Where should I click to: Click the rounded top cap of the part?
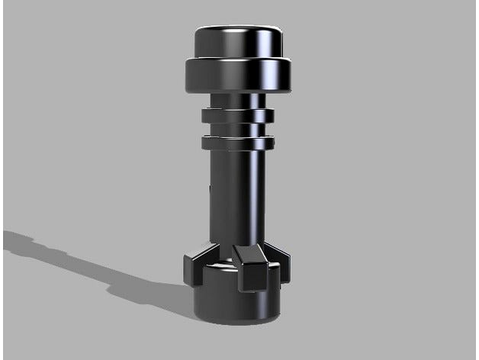coord(238,41)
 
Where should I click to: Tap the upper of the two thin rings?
coord(237,115)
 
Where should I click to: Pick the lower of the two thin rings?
coord(237,142)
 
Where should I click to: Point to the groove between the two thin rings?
coord(237,129)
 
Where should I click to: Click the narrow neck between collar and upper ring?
coord(237,100)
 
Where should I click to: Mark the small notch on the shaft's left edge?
coord(210,187)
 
